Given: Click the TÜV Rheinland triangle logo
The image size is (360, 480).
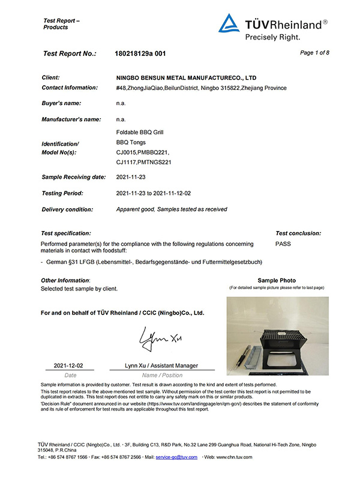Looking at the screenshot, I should point(229,23).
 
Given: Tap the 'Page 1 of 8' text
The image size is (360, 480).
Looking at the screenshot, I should point(314,53).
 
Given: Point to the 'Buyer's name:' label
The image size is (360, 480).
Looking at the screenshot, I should point(62,103).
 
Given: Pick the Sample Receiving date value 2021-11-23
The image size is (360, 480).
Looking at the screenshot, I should point(131,177).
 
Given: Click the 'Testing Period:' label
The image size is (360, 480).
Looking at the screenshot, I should point(62,193).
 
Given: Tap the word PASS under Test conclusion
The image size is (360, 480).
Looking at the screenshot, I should point(283,244).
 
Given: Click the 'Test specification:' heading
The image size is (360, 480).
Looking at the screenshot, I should point(66,233).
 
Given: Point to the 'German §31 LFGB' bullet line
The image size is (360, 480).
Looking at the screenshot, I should point(150,262).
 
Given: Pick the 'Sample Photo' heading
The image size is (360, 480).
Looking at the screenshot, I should point(277,280).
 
